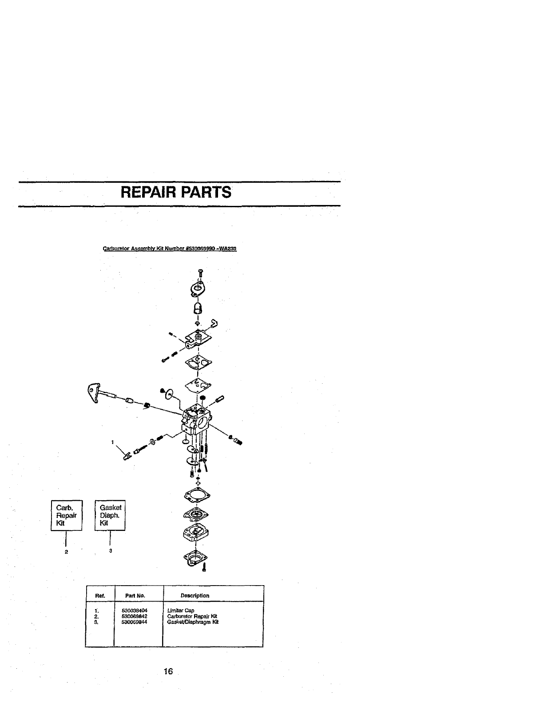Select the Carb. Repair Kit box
tap(66, 515)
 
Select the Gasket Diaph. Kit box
tap(111, 515)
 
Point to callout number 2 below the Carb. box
tap(66, 552)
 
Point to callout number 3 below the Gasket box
tap(111, 551)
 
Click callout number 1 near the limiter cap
tap(113, 442)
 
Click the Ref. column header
tap(99, 595)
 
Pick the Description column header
tap(195, 595)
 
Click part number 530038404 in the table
tap(134, 611)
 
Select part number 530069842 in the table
tap(134, 616)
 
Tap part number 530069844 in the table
tap(134, 622)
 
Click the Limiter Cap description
tap(181, 611)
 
